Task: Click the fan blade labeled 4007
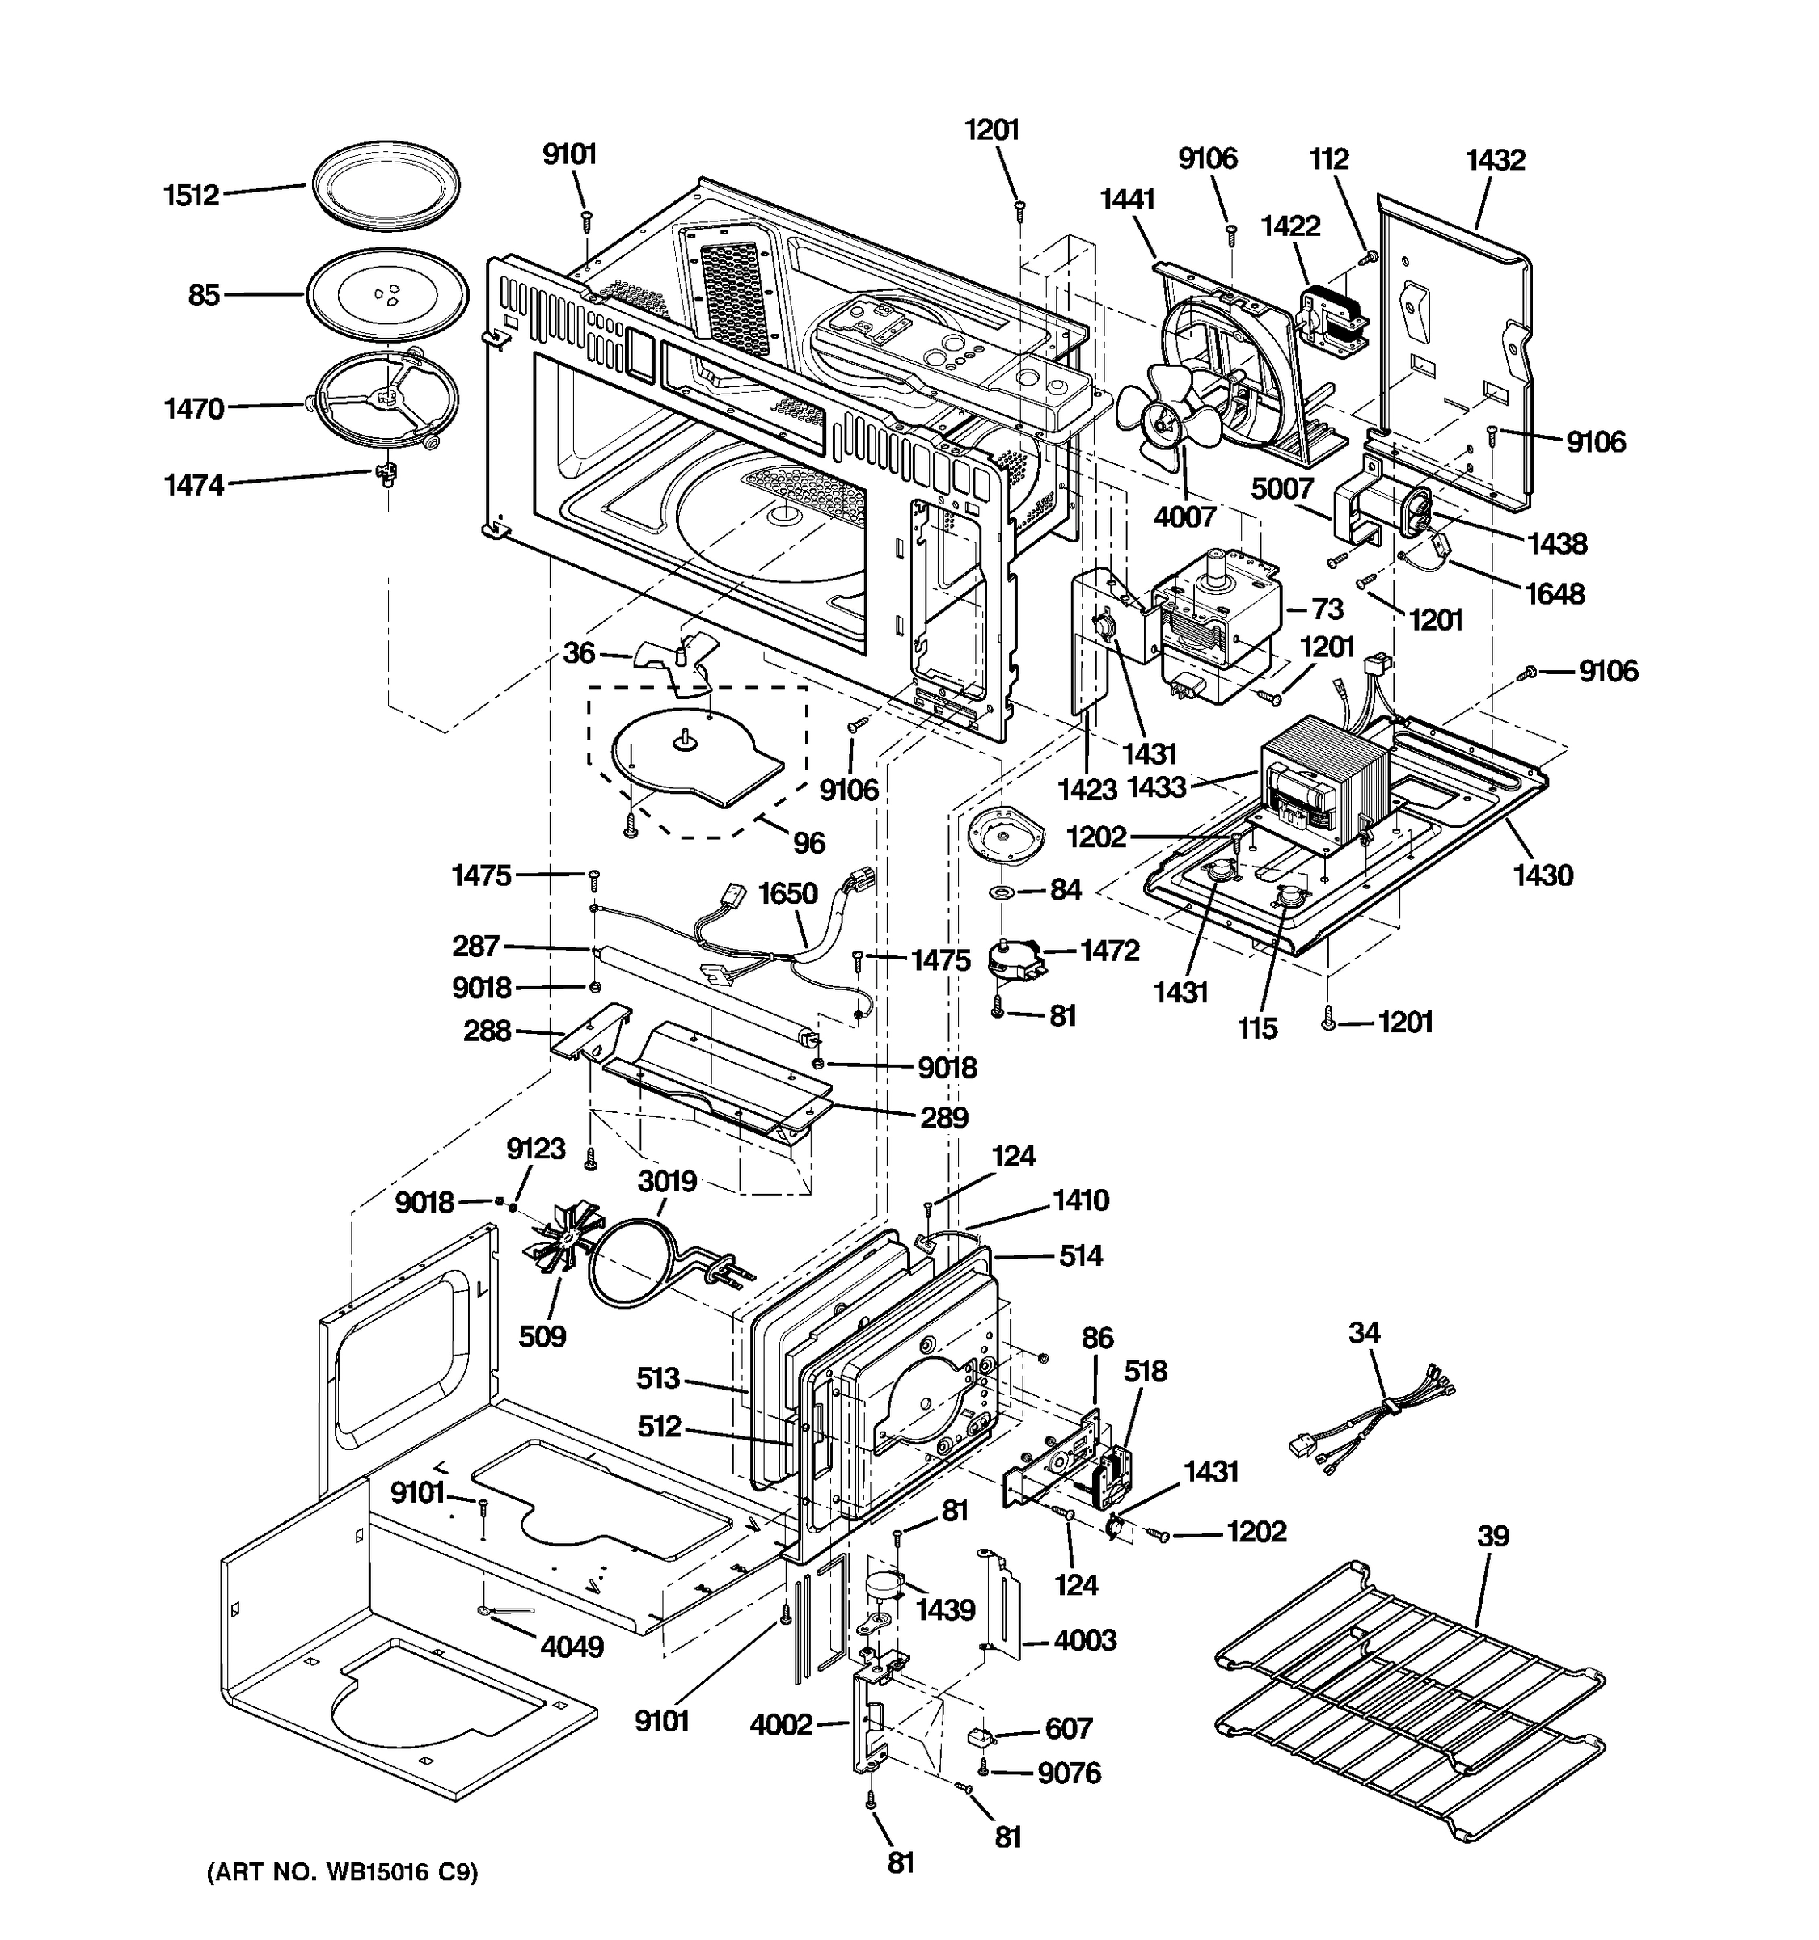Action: (1166, 415)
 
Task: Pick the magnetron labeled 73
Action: (1215, 615)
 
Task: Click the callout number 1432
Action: (1494, 160)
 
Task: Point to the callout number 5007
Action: (1282, 488)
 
